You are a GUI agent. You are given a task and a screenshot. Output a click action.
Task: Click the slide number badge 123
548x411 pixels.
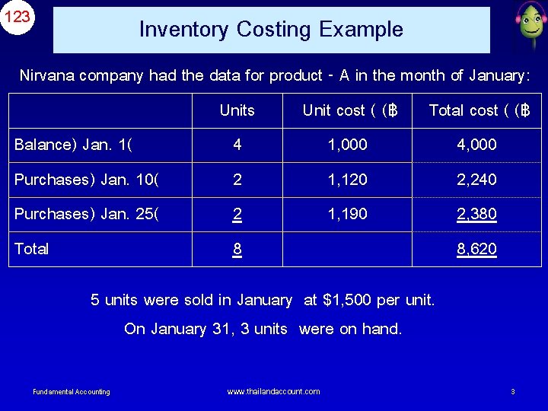click(18, 16)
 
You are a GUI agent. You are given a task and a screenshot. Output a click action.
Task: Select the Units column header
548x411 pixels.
click(237, 110)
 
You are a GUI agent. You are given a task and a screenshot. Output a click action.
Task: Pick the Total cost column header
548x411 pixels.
click(479, 111)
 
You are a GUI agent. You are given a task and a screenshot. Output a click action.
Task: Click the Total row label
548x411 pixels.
click(32, 249)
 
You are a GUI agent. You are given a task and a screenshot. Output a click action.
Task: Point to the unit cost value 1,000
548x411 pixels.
click(347, 145)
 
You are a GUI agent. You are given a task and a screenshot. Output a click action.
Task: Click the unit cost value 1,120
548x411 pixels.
click(347, 180)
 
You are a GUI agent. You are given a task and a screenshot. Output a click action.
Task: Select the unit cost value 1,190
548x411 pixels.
click(347, 214)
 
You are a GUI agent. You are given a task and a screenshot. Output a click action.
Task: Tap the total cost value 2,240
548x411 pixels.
click(476, 180)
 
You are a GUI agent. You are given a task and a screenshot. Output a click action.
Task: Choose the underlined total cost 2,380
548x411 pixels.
click(476, 214)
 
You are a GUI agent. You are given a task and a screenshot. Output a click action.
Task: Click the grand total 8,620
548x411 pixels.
click(476, 249)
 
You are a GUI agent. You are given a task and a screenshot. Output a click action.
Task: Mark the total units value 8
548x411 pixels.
click(237, 249)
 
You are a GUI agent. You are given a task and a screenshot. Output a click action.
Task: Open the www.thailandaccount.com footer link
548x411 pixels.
click(273, 391)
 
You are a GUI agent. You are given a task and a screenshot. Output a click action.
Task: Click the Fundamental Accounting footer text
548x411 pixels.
click(72, 392)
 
